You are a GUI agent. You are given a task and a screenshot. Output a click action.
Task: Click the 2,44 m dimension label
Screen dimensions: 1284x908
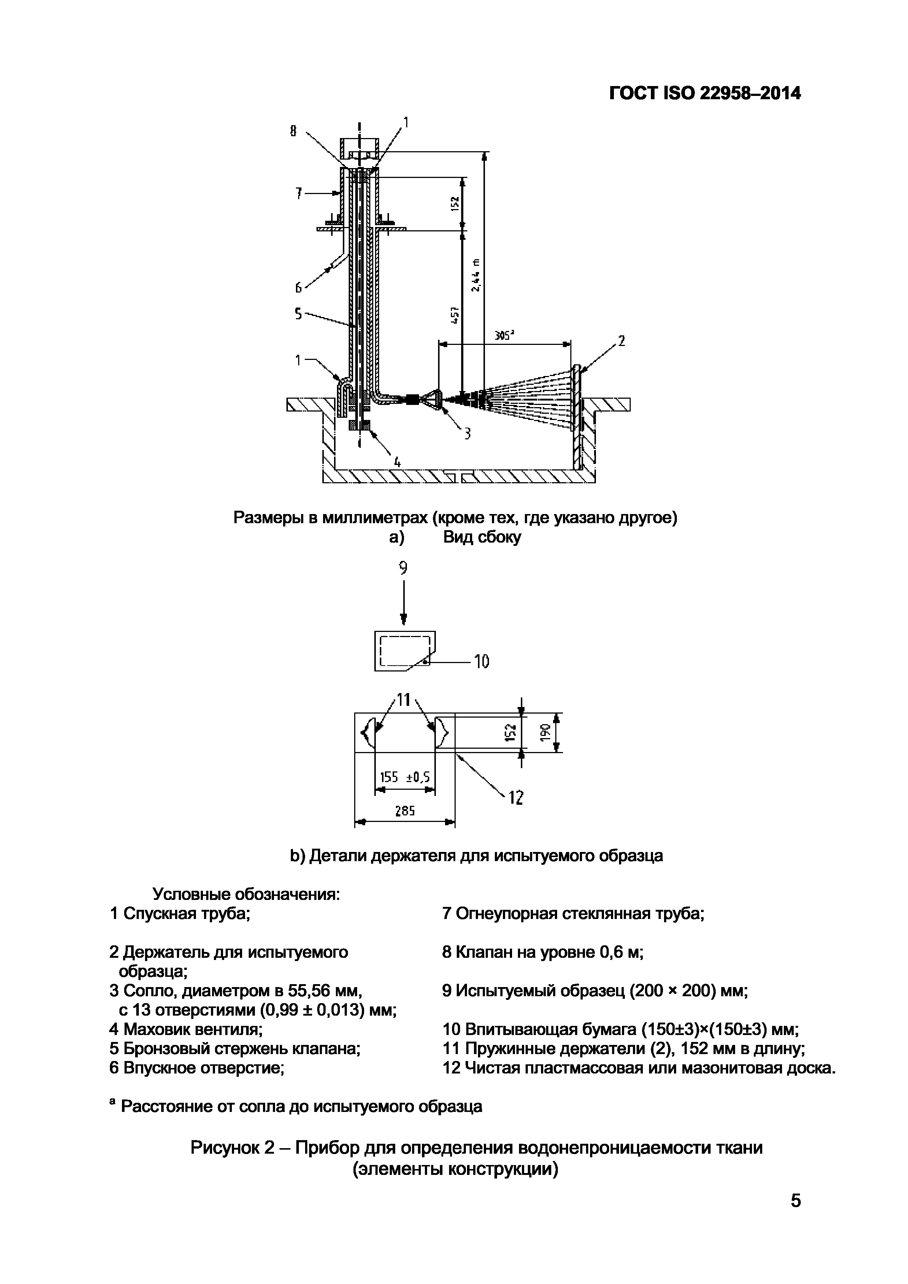(475, 275)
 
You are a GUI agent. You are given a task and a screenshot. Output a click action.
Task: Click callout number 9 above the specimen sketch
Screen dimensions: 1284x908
(403, 568)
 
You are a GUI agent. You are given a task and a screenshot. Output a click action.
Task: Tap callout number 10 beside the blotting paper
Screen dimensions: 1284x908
(482, 662)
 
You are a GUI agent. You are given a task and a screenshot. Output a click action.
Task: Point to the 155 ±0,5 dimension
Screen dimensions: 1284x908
(404, 777)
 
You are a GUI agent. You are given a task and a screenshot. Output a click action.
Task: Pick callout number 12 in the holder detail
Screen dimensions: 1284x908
(515, 797)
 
